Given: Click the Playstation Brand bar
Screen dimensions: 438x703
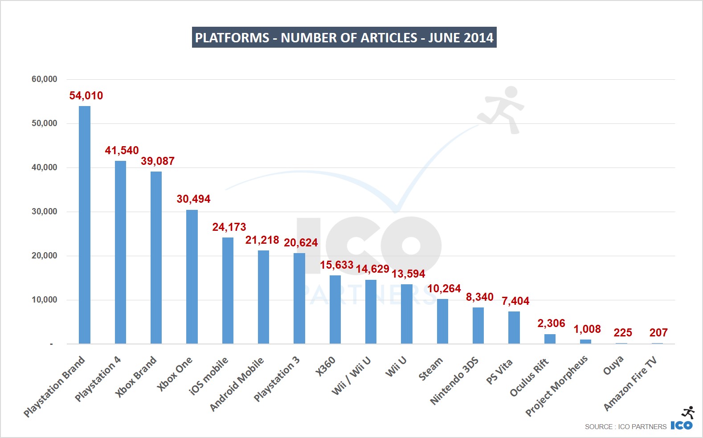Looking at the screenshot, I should coord(85,225).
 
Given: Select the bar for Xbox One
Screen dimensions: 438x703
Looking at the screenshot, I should coord(192,276).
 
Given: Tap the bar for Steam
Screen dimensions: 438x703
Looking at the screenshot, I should coord(442,321).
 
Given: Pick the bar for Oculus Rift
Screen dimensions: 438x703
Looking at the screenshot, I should coord(550,339).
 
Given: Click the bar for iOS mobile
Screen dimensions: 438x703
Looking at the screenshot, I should coord(228,291).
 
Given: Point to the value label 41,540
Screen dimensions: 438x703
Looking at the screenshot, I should coord(122,151).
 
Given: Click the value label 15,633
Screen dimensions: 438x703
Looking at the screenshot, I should coord(336,265).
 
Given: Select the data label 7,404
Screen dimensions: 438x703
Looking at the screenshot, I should coord(515,301).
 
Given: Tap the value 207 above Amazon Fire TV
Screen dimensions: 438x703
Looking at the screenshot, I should coord(658,333).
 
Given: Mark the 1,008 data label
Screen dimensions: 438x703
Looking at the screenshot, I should coord(587,329).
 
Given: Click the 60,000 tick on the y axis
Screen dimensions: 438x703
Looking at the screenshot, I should coord(44,79).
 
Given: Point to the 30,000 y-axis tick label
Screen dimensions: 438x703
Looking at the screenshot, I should coord(44,212).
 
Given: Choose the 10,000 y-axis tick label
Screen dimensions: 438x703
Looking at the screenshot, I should coord(44,300).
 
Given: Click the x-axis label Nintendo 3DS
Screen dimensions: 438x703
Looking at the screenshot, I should coord(454,381).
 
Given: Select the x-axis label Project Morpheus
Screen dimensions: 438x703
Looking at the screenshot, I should coord(557,386).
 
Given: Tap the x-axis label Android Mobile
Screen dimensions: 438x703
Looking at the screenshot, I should coord(237,384).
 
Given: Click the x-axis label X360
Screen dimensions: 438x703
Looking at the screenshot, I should coord(326,367).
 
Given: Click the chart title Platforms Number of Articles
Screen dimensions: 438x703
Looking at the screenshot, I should coord(344,37).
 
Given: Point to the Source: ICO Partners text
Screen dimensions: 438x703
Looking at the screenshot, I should coord(625,427).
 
